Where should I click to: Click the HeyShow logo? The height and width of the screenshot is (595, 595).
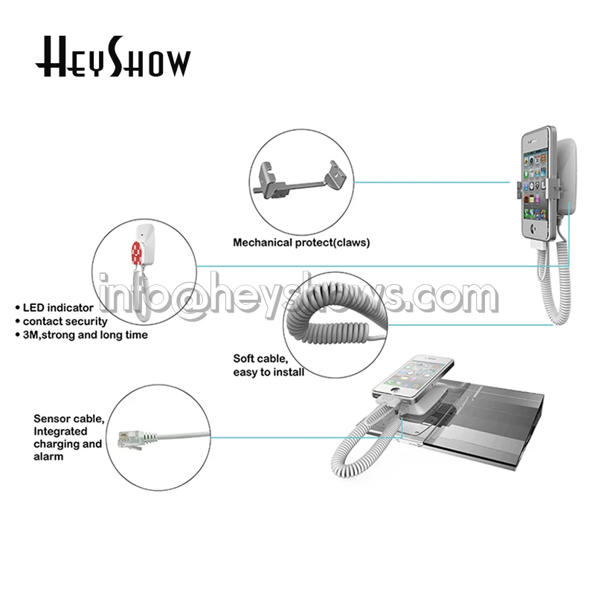113,57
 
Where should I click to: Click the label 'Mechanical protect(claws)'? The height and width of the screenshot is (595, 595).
301,243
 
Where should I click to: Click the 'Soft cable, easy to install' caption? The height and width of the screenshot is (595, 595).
268,365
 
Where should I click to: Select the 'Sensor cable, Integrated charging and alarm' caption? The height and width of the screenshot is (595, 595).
68,437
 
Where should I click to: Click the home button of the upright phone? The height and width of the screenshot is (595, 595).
534,229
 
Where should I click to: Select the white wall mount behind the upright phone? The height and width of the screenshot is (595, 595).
566,178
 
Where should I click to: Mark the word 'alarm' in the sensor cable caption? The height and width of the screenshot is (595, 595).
48,457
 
